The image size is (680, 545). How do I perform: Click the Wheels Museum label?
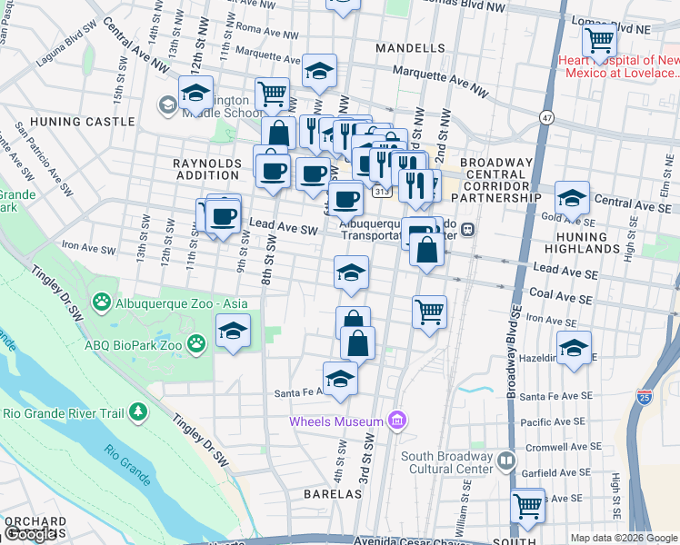[335, 421]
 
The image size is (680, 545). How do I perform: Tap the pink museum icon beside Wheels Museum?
[395, 420]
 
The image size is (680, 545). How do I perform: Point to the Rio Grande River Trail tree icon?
[137, 413]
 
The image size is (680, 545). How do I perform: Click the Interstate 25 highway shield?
[645, 397]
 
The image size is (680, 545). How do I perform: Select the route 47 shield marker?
[545, 117]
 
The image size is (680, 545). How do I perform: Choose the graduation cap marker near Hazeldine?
[574, 347]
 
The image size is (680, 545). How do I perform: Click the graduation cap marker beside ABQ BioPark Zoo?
[233, 331]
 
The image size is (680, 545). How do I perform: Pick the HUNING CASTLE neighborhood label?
[69, 120]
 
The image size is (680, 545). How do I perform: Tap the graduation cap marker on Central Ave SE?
[572, 197]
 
